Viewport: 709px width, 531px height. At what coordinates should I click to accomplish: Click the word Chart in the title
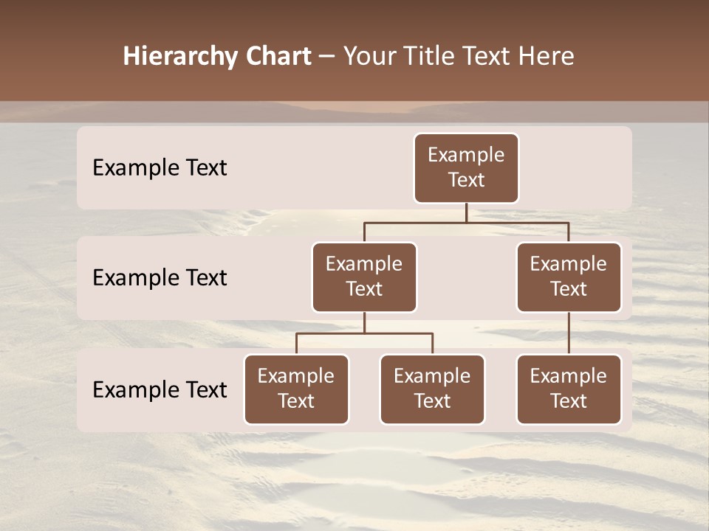(275, 57)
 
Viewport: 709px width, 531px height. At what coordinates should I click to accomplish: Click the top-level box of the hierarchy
(466, 168)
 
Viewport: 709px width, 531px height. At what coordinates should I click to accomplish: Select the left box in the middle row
(364, 277)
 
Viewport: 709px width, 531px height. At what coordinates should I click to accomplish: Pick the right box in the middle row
(569, 277)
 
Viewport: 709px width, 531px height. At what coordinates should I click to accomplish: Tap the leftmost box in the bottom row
(296, 389)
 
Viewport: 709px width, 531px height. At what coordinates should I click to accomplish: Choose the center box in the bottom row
(432, 389)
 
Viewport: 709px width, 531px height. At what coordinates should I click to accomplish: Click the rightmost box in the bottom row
(569, 389)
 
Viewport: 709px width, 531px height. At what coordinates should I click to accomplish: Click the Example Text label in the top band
(160, 168)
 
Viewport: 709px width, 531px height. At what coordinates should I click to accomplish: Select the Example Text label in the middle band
(160, 278)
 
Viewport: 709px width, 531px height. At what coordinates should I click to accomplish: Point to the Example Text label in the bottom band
(160, 390)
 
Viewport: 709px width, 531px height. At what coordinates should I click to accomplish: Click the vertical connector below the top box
(466, 212)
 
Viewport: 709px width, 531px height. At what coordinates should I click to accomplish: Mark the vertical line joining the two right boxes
(569, 333)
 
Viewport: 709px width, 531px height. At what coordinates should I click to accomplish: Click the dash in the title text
(327, 57)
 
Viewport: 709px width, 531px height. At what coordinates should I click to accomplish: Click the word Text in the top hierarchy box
(466, 181)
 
